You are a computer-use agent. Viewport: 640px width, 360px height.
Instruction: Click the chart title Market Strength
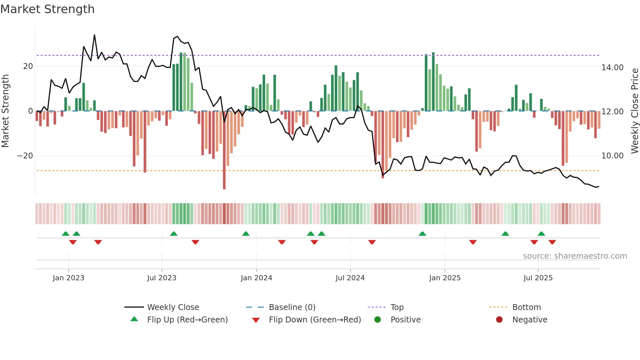click(47, 9)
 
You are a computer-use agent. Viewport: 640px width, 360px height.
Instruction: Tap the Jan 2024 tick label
click(256, 278)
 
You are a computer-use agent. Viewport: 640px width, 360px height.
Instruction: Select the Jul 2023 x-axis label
click(162, 278)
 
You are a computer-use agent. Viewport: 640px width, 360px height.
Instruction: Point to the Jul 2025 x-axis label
click(538, 278)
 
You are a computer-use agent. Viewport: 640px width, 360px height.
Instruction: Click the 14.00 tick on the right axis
click(612, 68)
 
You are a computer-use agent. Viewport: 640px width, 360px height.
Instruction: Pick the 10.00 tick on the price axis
click(612, 156)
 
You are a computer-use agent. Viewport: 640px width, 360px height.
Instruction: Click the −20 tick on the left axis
click(25, 156)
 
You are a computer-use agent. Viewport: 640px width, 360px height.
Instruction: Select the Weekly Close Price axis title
click(634, 111)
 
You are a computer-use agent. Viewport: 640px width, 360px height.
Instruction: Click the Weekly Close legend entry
click(173, 307)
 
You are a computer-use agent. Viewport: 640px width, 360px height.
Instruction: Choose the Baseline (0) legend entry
click(292, 307)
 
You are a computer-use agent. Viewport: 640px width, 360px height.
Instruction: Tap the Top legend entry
click(397, 307)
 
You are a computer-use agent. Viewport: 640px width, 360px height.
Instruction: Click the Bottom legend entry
click(526, 307)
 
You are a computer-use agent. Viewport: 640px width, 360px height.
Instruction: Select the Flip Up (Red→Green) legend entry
click(187, 320)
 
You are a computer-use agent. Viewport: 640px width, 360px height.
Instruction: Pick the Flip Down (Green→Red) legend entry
click(315, 320)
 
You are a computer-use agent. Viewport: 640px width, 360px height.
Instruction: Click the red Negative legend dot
click(499, 319)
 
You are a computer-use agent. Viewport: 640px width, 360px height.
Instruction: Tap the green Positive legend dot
click(378, 319)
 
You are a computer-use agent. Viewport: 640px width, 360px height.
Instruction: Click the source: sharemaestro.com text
click(575, 256)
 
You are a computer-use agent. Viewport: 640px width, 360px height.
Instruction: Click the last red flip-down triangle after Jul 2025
click(552, 242)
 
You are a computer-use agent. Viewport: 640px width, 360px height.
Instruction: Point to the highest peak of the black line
click(94, 35)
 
